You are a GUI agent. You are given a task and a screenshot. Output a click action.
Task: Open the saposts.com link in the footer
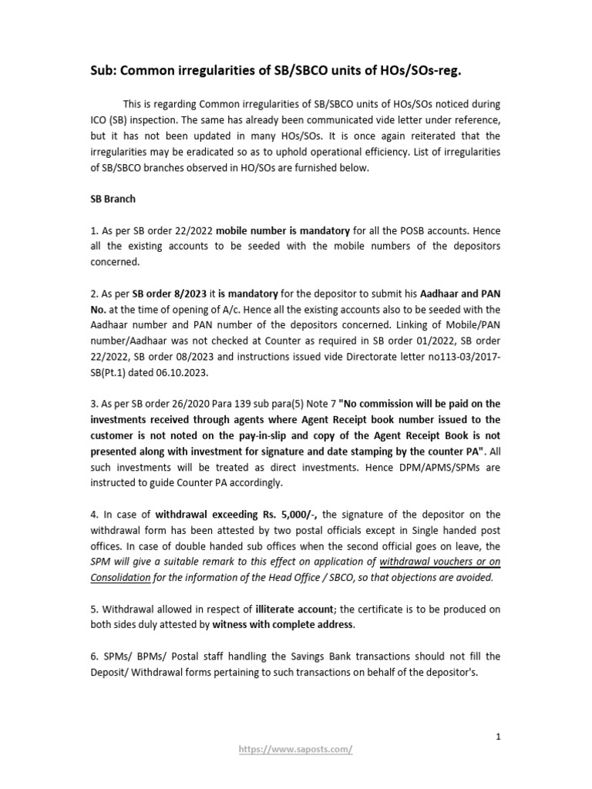point(296,748)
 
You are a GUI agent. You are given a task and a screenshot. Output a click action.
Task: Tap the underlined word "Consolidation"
point(121,576)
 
